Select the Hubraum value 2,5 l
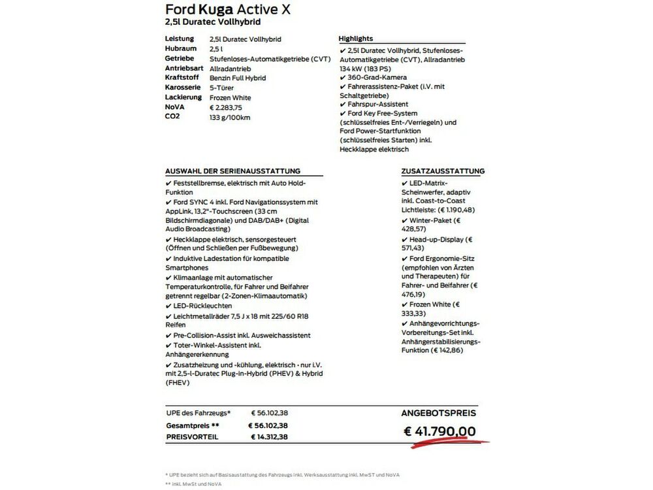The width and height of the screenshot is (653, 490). (x=216, y=49)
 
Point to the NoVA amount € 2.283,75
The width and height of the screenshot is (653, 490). (x=226, y=108)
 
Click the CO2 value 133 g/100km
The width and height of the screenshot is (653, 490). (x=230, y=118)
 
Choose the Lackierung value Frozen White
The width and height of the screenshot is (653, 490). (x=230, y=98)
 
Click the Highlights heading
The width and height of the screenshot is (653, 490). (x=356, y=39)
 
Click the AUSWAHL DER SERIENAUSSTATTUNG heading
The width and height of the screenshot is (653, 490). (x=232, y=171)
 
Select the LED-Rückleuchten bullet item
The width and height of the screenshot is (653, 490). (x=208, y=305)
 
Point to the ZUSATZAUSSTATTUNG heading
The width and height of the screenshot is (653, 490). (x=443, y=171)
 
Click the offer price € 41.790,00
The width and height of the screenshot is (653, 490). (x=439, y=431)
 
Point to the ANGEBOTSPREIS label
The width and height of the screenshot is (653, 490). (x=438, y=413)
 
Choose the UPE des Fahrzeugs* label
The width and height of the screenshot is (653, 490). (x=199, y=413)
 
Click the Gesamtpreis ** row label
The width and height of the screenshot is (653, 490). (x=192, y=425)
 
